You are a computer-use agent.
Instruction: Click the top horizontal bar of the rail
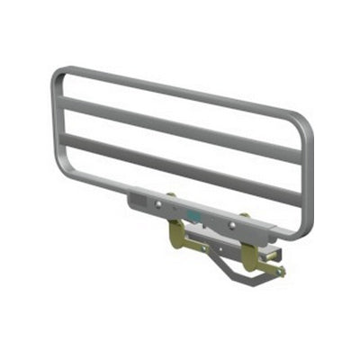coord(180,90)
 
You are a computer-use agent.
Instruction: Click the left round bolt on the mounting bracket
coord(158,204)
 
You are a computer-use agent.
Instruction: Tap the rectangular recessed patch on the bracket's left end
coord(140,197)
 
